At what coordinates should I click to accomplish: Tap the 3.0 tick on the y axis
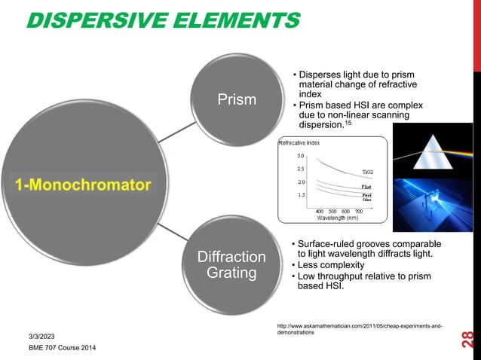[x=299, y=156]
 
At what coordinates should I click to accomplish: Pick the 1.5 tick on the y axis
[x=299, y=194]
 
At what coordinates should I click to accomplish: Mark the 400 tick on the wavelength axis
[x=320, y=210]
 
